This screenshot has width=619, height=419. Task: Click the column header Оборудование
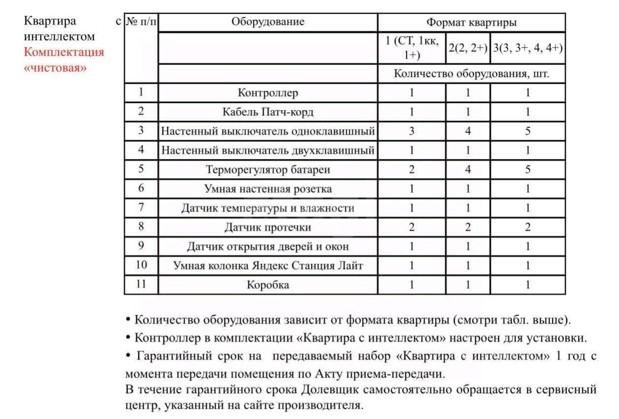(268, 22)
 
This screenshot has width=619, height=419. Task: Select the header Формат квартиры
(471, 23)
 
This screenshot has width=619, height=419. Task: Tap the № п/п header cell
(141, 22)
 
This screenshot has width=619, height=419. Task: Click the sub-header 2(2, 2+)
(467, 48)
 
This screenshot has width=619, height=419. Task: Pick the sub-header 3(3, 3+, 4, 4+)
(527, 48)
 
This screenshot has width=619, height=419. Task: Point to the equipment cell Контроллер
(268, 92)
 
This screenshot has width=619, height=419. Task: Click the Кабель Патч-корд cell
(268, 112)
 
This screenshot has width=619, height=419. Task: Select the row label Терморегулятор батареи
(268, 170)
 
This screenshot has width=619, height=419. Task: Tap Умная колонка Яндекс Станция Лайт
(268, 266)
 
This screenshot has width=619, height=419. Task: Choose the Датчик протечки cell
(268, 227)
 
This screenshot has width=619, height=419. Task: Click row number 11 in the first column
(141, 284)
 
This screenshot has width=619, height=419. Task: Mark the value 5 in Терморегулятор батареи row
(527, 170)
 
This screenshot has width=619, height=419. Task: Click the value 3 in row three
(411, 131)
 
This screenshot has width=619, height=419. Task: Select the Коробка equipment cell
(268, 285)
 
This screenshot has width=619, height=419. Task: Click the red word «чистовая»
(55, 67)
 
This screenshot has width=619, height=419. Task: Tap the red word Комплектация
(64, 52)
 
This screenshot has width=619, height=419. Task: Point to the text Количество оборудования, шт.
(471, 74)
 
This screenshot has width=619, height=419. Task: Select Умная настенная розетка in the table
(268, 189)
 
